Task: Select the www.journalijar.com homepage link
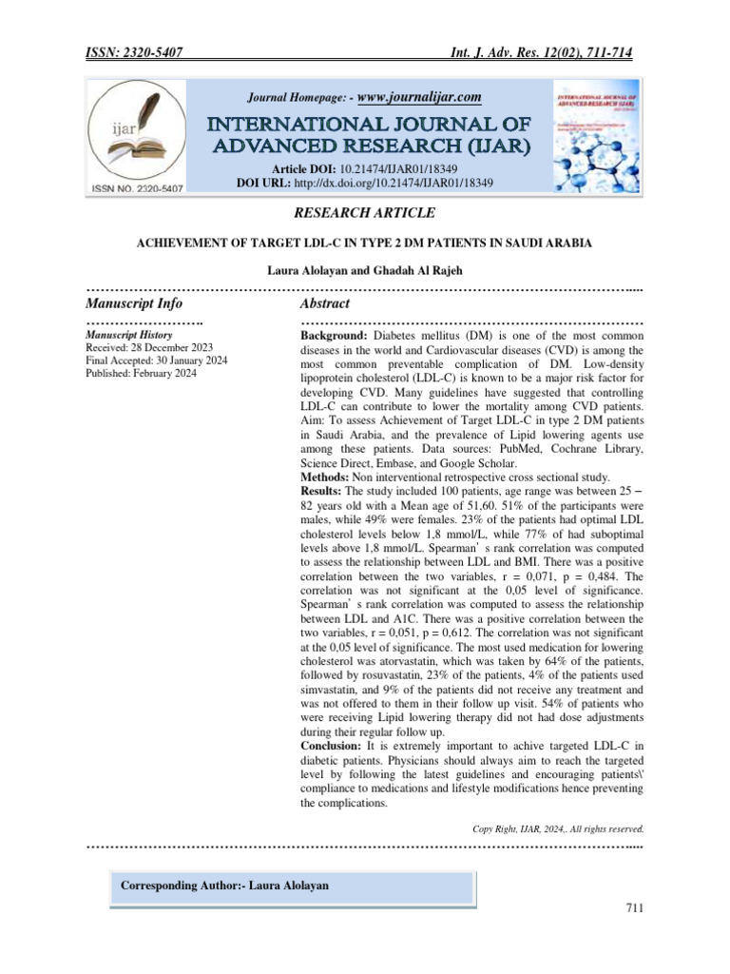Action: click(x=419, y=96)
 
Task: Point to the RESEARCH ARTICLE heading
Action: click(x=365, y=213)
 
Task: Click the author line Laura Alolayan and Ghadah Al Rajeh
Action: click(x=365, y=271)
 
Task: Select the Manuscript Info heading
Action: click(x=134, y=303)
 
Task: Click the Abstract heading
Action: click(x=325, y=303)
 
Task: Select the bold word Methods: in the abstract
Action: click(x=325, y=476)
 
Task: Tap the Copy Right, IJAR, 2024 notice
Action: click(x=559, y=828)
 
